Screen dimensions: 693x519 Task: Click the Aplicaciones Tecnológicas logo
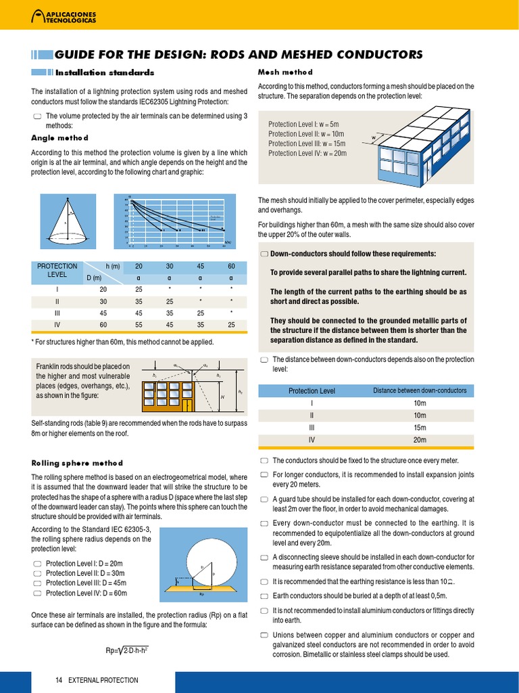[65, 17]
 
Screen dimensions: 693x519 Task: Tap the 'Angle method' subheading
[59, 137]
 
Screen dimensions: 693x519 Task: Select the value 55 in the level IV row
[139, 326]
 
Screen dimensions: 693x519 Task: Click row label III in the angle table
[57, 313]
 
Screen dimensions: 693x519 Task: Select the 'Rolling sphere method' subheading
[77, 463]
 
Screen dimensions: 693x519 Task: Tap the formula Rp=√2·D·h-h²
[126, 650]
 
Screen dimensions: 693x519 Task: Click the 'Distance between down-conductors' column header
[420, 390]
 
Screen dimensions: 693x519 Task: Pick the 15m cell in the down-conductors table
[420, 427]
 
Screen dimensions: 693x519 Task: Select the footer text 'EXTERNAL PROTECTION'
[103, 680]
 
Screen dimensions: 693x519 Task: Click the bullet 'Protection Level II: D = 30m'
[85, 573]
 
